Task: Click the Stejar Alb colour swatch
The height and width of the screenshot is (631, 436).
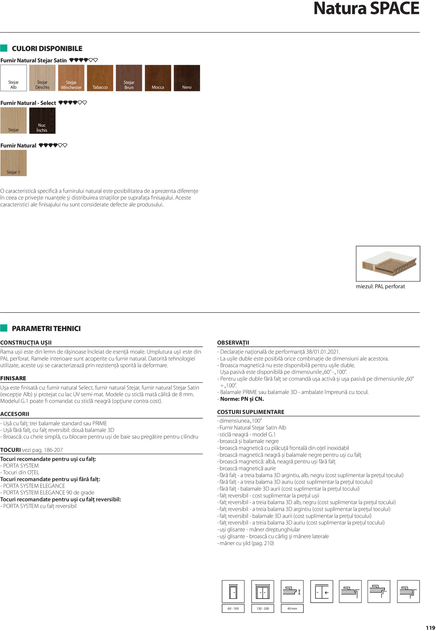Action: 13,78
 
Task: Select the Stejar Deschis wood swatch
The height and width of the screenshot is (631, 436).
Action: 42,78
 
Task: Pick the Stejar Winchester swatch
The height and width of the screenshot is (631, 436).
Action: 71,78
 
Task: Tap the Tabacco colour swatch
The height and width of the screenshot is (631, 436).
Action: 100,78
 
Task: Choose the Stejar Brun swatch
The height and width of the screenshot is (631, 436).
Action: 129,78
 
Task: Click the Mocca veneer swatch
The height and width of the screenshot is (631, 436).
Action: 158,78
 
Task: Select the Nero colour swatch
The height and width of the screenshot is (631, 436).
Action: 187,78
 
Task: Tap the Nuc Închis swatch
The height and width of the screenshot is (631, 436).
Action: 42,121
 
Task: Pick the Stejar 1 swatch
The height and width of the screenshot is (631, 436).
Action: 13,163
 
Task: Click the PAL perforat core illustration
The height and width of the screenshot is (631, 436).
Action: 388,263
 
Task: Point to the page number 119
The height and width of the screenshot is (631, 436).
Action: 430,628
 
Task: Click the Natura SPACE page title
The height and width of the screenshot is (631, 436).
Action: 366,9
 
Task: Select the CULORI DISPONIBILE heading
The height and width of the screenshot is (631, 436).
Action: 47,49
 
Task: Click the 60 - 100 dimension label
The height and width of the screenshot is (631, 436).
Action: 233,608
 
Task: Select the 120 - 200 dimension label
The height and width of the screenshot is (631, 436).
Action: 263,608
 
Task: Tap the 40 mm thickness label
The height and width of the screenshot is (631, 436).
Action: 292,608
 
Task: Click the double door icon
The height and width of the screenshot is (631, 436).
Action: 263,591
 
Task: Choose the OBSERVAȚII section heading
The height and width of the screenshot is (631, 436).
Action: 233,343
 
